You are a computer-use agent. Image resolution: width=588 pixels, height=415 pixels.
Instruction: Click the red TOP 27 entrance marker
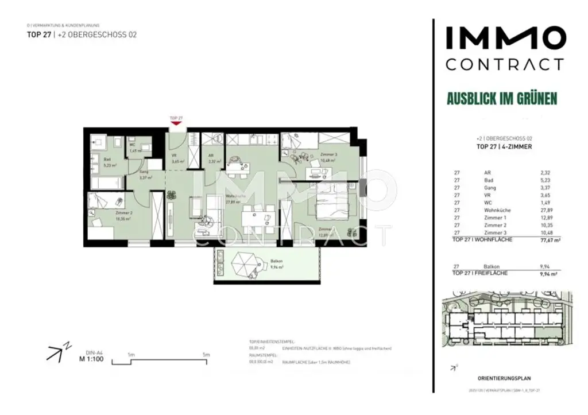pos(176,122)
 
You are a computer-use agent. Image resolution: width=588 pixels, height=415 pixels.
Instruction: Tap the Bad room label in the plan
pos(107,160)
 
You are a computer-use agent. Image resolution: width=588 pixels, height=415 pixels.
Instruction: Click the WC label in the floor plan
pos(131,145)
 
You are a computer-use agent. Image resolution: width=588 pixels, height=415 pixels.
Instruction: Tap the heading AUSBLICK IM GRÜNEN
pos(502,98)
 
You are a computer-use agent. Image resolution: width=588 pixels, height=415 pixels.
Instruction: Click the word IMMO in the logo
pos(505,40)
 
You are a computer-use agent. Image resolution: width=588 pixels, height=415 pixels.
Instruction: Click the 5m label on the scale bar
pos(206,355)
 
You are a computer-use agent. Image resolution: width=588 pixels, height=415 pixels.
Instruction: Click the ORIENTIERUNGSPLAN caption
pos(504,378)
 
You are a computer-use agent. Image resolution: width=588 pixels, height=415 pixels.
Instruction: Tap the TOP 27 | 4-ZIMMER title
pos(504,147)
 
